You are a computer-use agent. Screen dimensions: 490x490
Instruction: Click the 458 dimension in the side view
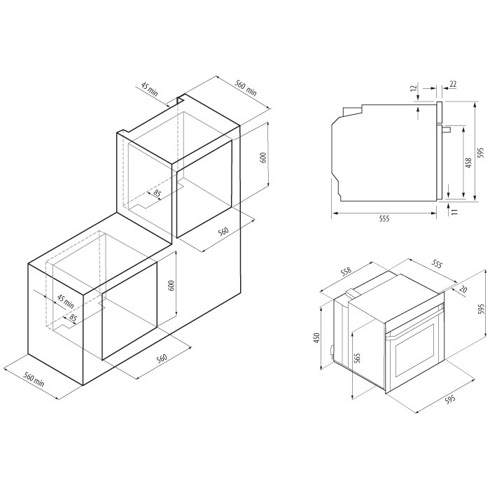[x=468, y=163]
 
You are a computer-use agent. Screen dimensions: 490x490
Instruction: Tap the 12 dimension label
[x=414, y=88]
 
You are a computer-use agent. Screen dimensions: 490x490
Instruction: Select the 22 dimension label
[x=453, y=84]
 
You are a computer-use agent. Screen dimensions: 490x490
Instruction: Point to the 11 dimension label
[x=455, y=211]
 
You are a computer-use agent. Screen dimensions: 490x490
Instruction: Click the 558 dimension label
[x=346, y=272]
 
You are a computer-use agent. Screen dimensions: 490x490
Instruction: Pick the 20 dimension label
[x=463, y=289]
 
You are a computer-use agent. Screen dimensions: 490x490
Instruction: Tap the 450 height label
[x=317, y=338]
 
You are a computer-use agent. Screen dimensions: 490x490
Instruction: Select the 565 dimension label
[x=358, y=358]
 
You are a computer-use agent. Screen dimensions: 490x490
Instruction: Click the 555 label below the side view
[x=384, y=218]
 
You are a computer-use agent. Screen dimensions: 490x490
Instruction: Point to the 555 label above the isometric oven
[x=437, y=265]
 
